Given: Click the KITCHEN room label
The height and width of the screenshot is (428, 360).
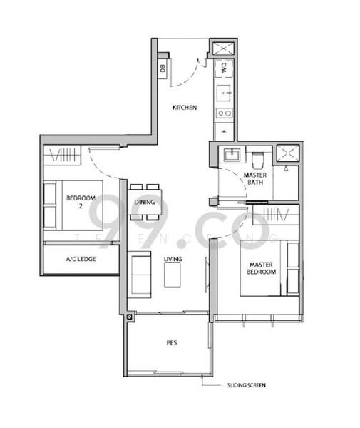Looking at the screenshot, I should pyautogui.click(x=184, y=108).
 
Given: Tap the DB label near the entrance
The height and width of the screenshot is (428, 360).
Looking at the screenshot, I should pyautogui.click(x=163, y=68).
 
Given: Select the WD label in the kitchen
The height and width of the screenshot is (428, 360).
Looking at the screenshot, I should pyautogui.click(x=222, y=68).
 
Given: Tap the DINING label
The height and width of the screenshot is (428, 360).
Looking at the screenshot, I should pyautogui.click(x=145, y=202).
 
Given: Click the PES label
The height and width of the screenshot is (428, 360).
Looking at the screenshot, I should pyautogui.click(x=172, y=342).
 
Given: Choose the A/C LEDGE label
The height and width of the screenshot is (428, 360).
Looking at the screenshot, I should pyautogui.click(x=81, y=259).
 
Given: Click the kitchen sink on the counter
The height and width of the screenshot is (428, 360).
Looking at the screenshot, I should pyautogui.click(x=223, y=92).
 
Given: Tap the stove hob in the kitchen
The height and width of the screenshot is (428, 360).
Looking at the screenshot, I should pyautogui.click(x=223, y=112).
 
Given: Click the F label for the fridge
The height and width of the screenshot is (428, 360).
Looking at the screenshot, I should pyautogui.click(x=222, y=132).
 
